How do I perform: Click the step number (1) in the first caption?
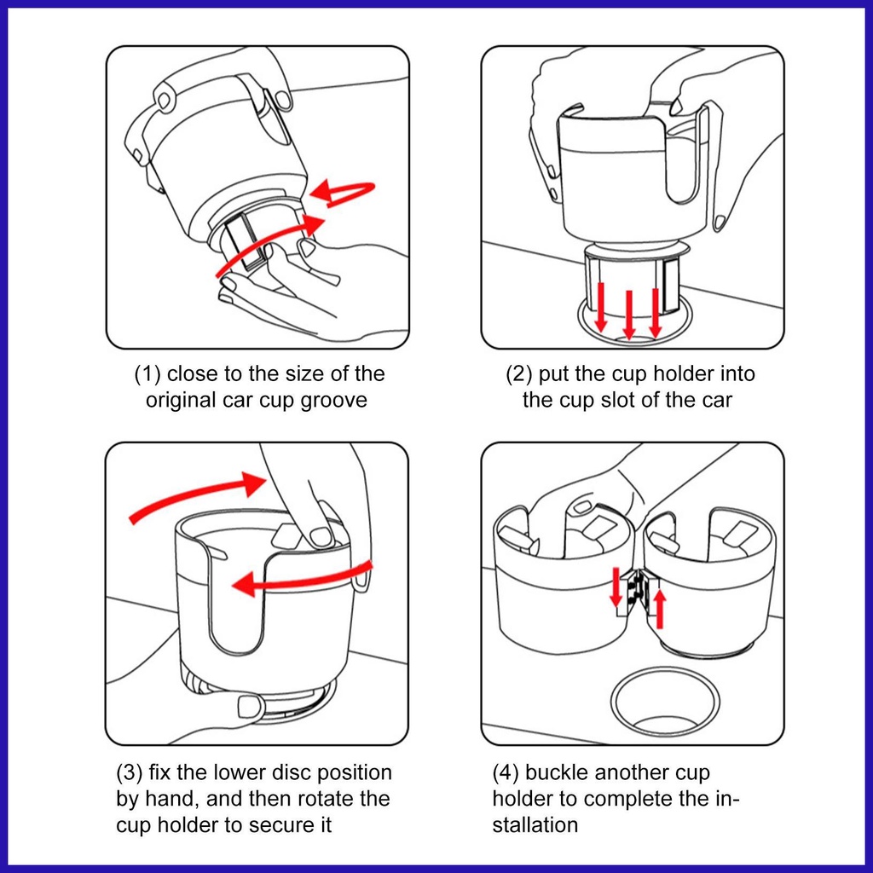[x=147, y=373]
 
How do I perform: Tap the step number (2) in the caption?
[x=518, y=373]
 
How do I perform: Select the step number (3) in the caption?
[x=130, y=772]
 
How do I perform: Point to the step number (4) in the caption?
[x=506, y=772]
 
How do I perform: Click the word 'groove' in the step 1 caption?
[x=334, y=401]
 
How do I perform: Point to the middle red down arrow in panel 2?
[x=629, y=315]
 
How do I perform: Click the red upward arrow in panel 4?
[x=660, y=609]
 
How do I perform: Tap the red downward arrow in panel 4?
[x=616, y=587]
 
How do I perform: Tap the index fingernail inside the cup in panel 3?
[x=321, y=537]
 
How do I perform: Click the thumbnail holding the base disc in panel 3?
[x=249, y=706]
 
